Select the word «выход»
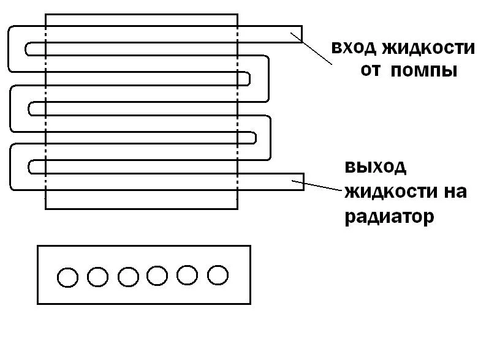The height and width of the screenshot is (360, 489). click(x=376, y=167)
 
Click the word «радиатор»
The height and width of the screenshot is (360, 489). click(x=389, y=216)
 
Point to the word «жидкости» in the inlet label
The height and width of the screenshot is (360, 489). click(x=428, y=48)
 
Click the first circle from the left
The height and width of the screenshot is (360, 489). click(x=67, y=277)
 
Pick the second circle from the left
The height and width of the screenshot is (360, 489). click(x=97, y=277)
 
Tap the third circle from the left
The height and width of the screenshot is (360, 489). click(x=128, y=277)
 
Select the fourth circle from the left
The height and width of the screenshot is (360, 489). click(x=157, y=277)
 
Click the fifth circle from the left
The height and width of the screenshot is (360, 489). click(x=188, y=276)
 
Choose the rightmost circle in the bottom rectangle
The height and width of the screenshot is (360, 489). click(x=218, y=276)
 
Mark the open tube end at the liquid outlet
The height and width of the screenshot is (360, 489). click(x=303, y=181)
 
